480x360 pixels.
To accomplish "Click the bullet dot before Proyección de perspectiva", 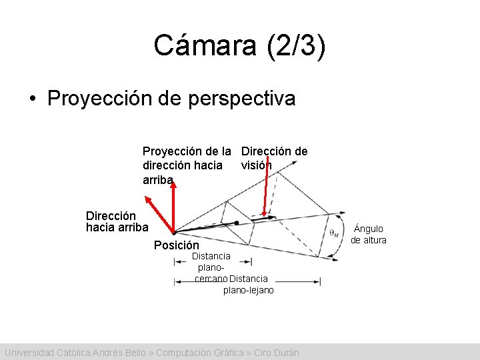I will pos(32,99).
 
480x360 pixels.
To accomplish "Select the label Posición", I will pos(176,245).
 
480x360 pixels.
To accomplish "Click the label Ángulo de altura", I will pos(369,234).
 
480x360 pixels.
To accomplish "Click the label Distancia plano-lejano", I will pos(248,285).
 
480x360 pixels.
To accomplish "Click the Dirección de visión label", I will pos(274,158).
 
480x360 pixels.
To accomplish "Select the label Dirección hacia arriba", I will pos(117,221).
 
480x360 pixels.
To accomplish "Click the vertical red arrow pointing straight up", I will pos(173,207).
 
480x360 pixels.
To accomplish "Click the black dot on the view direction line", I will pos(237,222).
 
